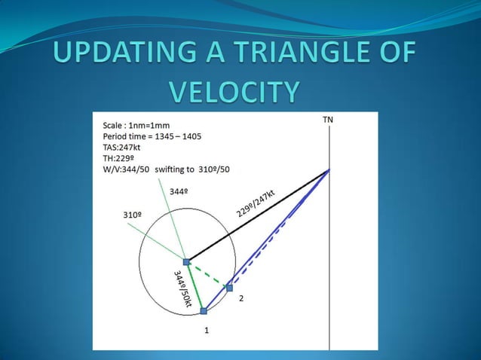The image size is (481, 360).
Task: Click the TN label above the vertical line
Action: click(328, 121)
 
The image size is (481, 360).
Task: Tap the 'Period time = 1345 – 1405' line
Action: click(152, 136)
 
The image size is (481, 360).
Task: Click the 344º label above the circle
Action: click(178, 192)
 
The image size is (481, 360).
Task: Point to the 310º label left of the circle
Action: click(132, 215)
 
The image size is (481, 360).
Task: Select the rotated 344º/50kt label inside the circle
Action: click(182, 289)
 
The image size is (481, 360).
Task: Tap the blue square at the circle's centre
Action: click(186, 262)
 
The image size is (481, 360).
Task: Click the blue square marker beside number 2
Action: click(229, 288)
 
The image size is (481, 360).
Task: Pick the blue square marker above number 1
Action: click(204, 310)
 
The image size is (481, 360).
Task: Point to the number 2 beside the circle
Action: click(241, 300)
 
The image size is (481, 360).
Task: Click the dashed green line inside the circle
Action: click(208, 275)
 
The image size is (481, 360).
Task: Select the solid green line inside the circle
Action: click(195, 287)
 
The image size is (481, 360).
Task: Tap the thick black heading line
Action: click(256, 217)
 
